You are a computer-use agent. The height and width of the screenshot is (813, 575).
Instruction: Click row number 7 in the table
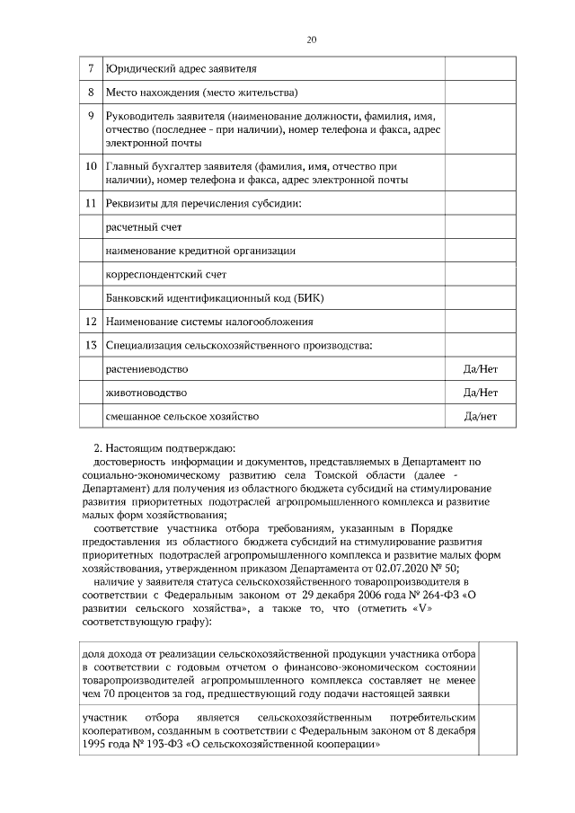click(x=91, y=68)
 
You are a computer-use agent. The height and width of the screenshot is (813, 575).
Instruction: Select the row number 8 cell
click(x=91, y=93)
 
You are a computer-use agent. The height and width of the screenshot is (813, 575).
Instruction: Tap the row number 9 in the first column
click(x=91, y=116)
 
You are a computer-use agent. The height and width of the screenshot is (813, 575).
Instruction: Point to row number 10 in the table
click(x=91, y=167)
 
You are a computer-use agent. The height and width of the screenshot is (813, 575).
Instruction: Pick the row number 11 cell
click(x=91, y=203)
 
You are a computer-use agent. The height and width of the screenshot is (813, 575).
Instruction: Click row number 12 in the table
click(x=91, y=321)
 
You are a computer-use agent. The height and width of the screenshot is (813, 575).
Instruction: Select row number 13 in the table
click(x=91, y=345)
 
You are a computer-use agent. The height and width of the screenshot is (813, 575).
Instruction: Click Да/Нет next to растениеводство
click(x=480, y=369)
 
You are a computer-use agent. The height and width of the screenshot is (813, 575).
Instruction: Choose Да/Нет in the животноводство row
click(x=480, y=393)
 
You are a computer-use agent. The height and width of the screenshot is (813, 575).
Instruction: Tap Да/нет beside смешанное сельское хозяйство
click(x=480, y=416)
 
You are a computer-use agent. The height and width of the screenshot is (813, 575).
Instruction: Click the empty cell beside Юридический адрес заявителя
click(x=480, y=68)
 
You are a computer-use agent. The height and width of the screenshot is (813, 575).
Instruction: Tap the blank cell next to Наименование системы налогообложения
click(x=480, y=321)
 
